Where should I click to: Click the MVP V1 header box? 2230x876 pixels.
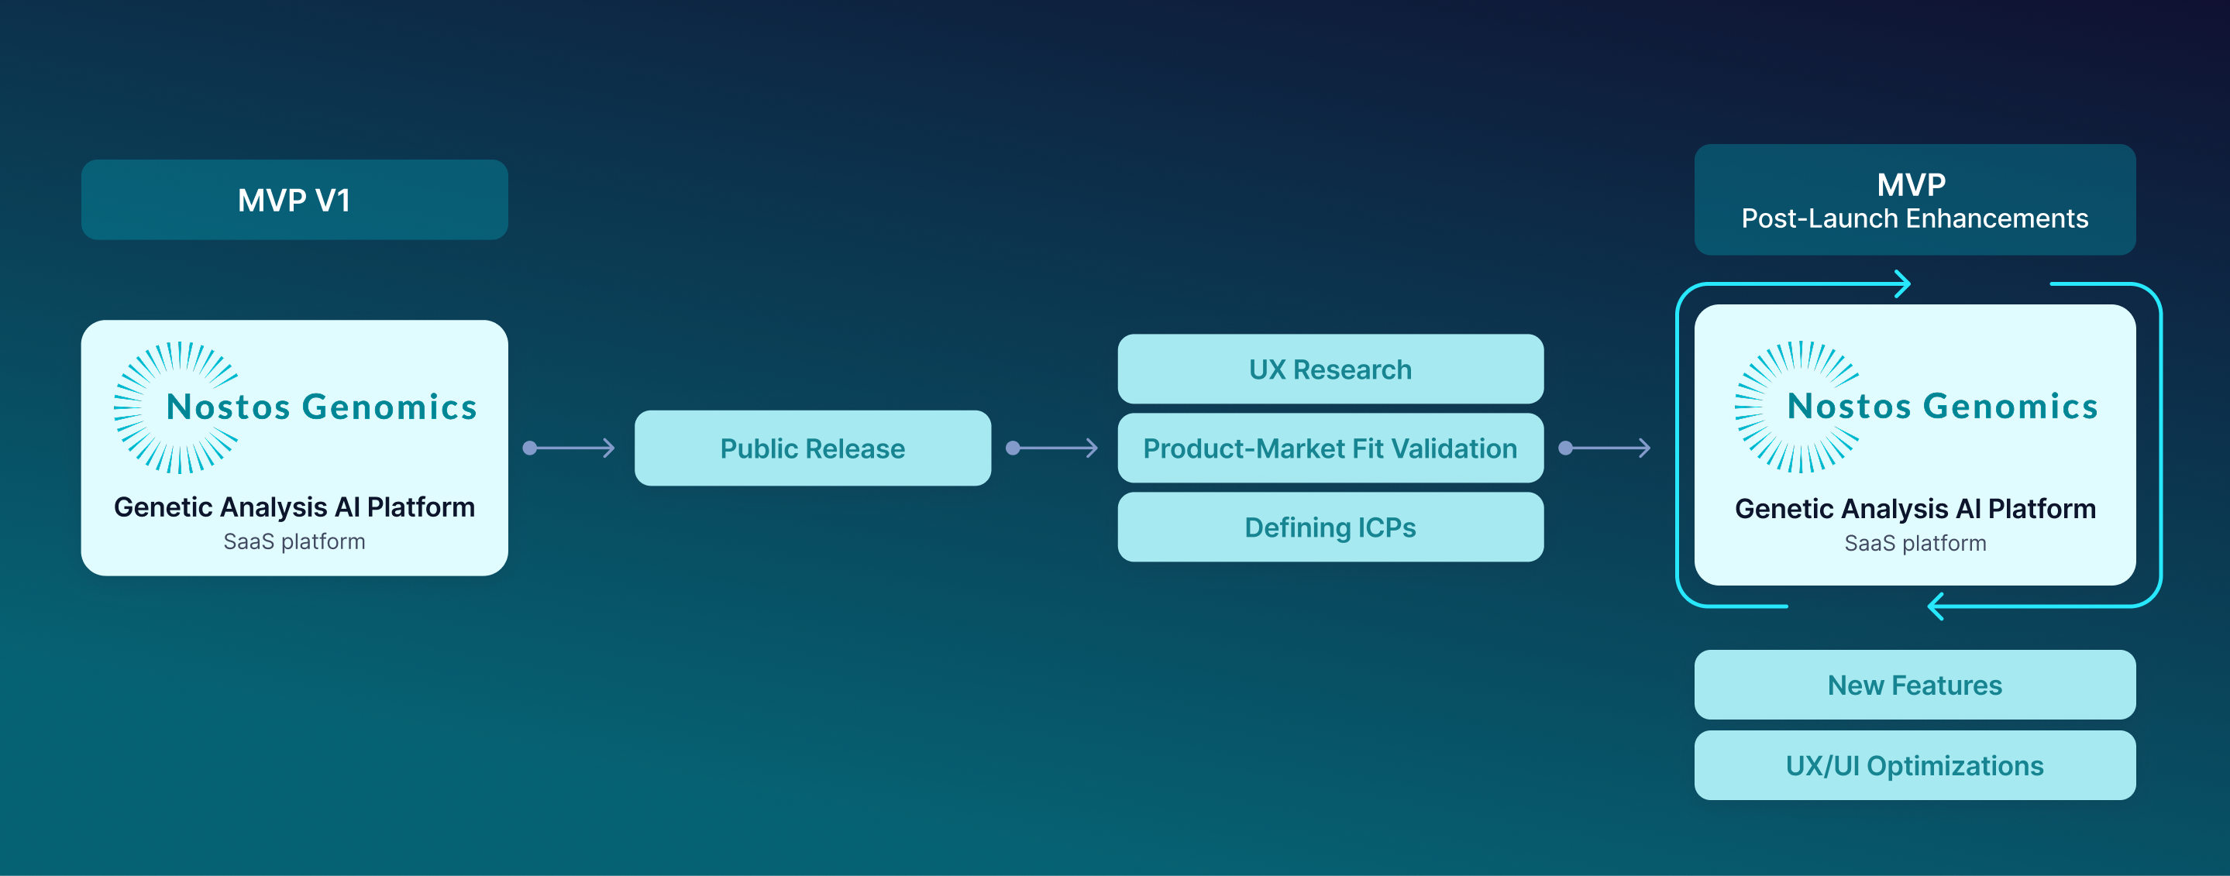(294, 200)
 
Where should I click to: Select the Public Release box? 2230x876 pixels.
(812, 448)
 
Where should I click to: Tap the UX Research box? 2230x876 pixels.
(1330, 369)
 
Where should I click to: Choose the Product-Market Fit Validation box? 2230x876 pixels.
(1330, 448)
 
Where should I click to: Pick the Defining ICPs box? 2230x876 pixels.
(1330, 527)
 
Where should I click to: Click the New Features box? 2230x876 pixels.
(1914, 685)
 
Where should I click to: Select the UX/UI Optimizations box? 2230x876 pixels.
(1914, 766)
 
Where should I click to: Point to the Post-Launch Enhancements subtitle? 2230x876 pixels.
(1914, 219)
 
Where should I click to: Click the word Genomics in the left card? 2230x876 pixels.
(390, 407)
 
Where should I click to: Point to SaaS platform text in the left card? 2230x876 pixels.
(294, 542)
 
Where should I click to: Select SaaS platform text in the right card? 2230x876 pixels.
(1915, 544)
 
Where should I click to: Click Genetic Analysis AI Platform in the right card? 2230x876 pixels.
(1915, 509)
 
